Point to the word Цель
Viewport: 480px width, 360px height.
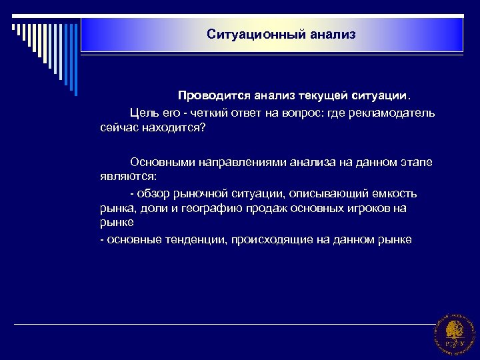145,113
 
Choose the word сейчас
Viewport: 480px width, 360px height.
116,127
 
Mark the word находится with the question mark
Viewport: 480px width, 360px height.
174,127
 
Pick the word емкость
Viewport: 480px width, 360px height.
391,193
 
